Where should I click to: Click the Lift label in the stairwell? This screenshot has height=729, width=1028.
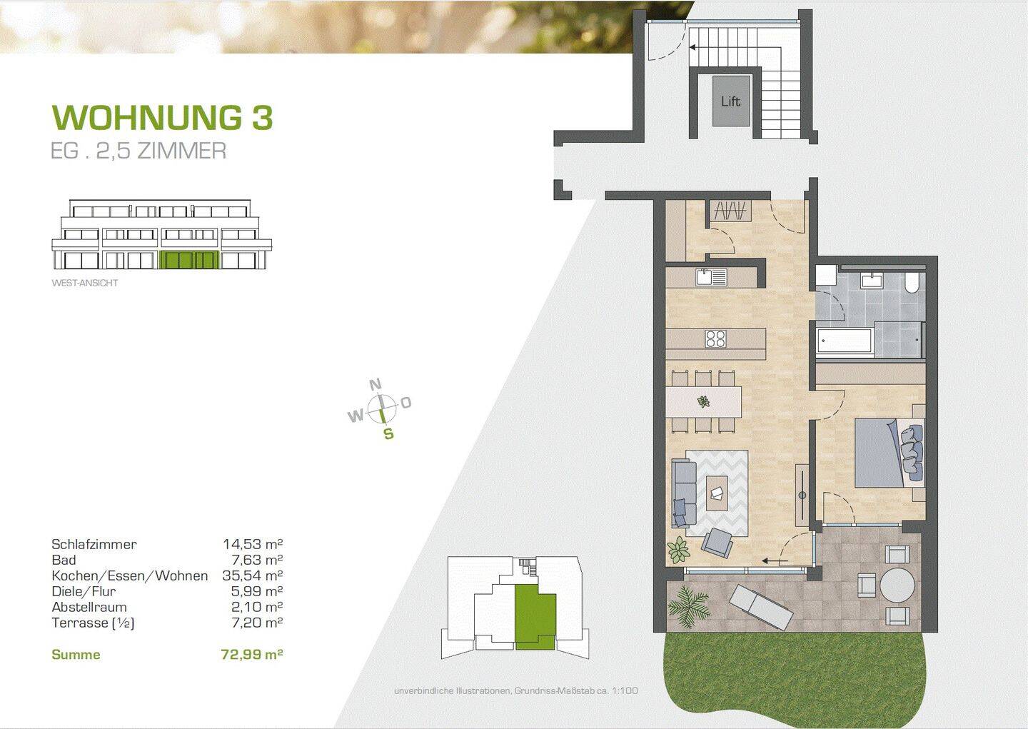point(730,101)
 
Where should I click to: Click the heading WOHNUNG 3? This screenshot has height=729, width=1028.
point(163,117)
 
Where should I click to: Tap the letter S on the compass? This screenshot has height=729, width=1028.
point(388,433)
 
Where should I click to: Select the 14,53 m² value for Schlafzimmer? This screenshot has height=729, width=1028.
point(253,544)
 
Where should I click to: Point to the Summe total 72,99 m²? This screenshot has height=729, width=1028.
point(252,654)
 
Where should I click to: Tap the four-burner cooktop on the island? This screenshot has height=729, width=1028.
point(715,339)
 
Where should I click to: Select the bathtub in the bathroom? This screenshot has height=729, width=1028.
point(845,341)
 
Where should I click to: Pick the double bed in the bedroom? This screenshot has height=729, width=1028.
point(885,453)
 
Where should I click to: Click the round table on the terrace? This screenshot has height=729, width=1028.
point(897,586)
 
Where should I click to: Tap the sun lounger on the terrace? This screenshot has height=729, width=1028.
point(761,606)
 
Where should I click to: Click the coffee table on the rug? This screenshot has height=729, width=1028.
point(717,493)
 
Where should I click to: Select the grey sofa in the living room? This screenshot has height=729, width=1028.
point(684,493)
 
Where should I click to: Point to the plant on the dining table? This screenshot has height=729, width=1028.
point(704,402)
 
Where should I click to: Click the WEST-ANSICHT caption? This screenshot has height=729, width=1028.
point(85,283)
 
